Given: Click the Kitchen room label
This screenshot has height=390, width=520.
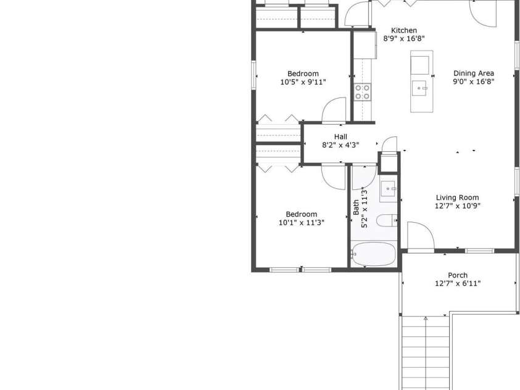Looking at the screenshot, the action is click(x=404, y=30).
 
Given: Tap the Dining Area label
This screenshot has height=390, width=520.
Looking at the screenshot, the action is click(x=474, y=73).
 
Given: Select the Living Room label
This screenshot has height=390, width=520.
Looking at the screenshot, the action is click(x=457, y=197).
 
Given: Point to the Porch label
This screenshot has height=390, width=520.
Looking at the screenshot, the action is click(x=458, y=275).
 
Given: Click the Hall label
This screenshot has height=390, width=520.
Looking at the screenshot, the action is click(x=340, y=136).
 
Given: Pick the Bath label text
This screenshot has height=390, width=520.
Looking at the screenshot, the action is click(x=356, y=207).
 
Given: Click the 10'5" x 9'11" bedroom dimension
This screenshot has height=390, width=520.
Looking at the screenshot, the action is click(x=303, y=82).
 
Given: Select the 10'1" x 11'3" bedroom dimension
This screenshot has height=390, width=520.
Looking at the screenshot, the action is click(x=302, y=223).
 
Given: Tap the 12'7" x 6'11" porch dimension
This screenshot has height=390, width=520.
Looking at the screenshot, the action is click(x=458, y=283).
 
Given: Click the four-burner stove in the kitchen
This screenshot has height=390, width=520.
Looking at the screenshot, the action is click(x=362, y=92).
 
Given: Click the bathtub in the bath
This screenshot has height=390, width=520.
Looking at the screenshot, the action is click(x=373, y=254).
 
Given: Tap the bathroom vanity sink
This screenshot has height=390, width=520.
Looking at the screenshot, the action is click(x=387, y=189).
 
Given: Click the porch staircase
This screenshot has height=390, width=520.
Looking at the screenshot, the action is click(x=426, y=353).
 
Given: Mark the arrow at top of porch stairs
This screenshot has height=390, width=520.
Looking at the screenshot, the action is click(x=426, y=319).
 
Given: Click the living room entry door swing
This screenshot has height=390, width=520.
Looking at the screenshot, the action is click(x=421, y=234).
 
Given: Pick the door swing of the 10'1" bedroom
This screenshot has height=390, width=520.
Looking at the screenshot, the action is click(x=333, y=176).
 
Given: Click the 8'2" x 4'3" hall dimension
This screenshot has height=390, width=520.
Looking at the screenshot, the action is click(x=340, y=145).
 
